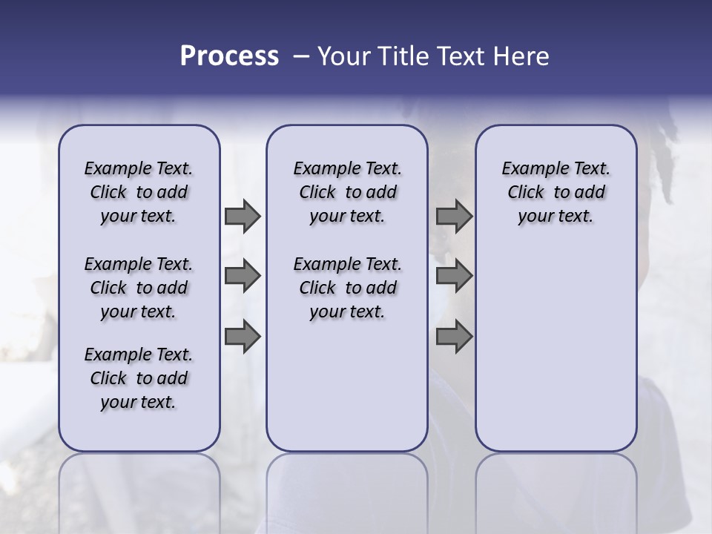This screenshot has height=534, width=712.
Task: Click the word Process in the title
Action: click(x=229, y=56)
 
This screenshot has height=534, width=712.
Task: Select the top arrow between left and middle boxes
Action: click(x=243, y=217)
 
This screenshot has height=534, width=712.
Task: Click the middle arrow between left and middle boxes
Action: click(x=243, y=276)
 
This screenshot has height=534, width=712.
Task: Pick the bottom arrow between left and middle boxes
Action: click(x=243, y=337)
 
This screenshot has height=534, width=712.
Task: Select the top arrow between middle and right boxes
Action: click(x=454, y=217)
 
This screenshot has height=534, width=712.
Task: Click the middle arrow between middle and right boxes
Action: click(x=454, y=276)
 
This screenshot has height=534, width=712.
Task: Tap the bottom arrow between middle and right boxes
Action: click(x=454, y=337)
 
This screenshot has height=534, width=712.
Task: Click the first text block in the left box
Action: click(x=139, y=192)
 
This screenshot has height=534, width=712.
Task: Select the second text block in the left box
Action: click(x=139, y=288)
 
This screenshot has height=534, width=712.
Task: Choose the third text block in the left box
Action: click(x=139, y=378)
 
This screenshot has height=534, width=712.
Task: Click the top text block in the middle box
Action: click(x=347, y=192)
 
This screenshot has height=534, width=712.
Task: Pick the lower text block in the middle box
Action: click(x=347, y=288)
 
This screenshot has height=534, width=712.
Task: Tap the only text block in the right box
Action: click(x=556, y=192)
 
